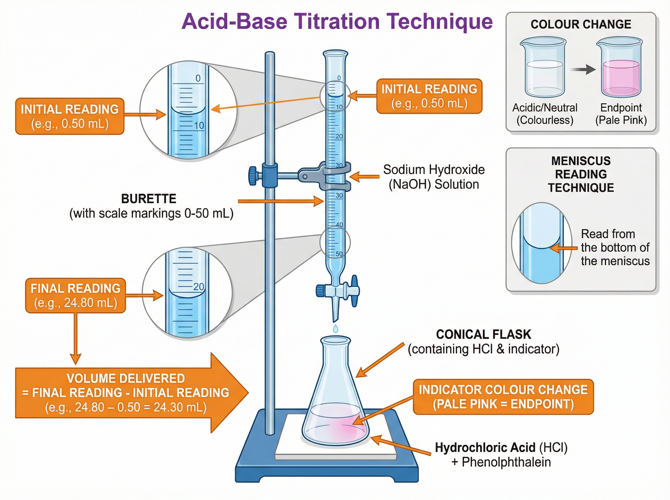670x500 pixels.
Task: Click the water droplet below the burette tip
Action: (x=335, y=328)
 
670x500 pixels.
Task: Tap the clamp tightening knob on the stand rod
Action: (x=252, y=176)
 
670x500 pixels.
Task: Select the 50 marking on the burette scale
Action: (x=339, y=254)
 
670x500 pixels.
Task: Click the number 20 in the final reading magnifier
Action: (x=198, y=286)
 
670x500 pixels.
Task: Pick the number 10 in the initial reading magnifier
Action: (x=199, y=125)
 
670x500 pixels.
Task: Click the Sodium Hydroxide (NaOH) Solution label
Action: (x=434, y=177)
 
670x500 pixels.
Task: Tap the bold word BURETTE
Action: (x=149, y=199)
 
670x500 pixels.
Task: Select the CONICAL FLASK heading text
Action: (x=483, y=335)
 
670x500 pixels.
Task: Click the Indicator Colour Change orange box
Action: (x=503, y=396)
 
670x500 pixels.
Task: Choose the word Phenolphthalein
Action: (x=506, y=462)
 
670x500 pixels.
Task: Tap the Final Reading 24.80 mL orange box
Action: (x=75, y=295)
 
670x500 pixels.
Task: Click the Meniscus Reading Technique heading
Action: (x=581, y=174)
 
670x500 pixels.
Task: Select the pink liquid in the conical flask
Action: (x=336, y=424)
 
